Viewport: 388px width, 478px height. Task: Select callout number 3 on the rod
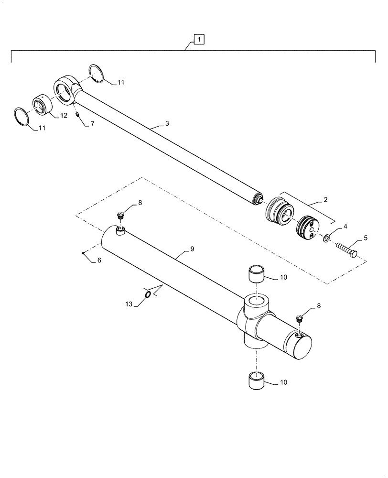pyautogui.click(x=167, y=123)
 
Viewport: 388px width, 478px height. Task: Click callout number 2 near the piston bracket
pyautogui.click(x=325, y=200)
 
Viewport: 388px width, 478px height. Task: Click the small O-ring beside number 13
pyautogui.click(x=148, y=294)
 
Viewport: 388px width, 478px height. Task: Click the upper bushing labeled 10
pyautogui.click(x=258, y=276)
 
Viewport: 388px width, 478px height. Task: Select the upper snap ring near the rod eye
pyautogui.click(x=98, y=74)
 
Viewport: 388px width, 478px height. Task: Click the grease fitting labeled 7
pyautogui.click(x=77, y=115)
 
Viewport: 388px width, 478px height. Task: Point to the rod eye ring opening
pyautogui.click(x=64, y=89)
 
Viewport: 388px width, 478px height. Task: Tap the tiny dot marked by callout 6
pyautogui.click(x=83, y=253)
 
